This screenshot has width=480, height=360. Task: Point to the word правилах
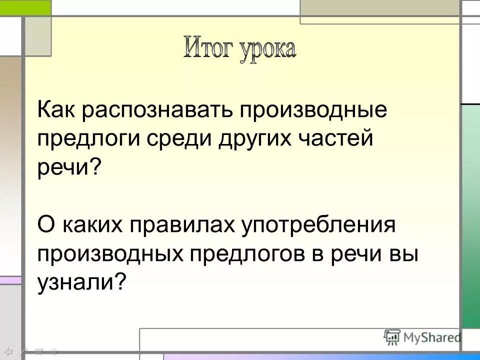(183, 225)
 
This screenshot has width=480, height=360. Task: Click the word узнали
(75, 283)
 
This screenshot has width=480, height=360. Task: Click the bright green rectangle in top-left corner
(25, 7)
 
